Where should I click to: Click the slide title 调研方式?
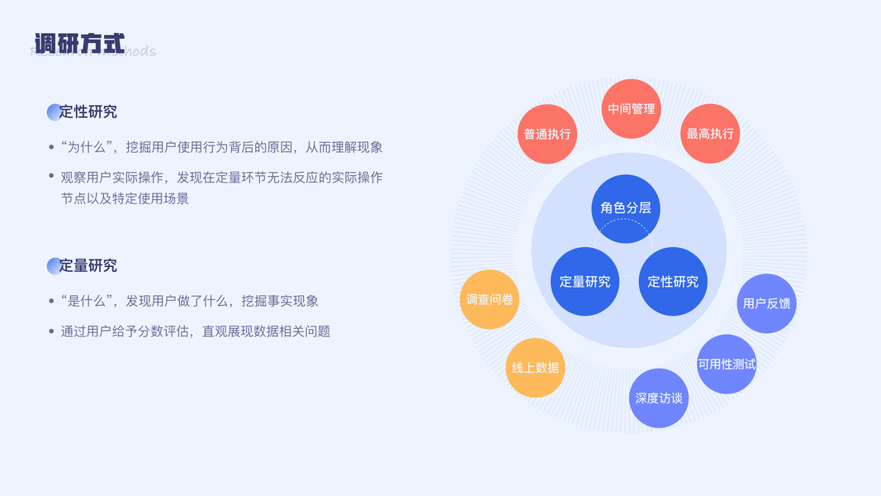(x=79, y=43)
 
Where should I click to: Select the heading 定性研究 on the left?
(x=88, y=112)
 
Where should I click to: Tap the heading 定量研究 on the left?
(x=88, y=265)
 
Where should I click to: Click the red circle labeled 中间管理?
(x=631, y=108)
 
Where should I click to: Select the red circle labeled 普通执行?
(x=547, y=134)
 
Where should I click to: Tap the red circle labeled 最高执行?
(x=710, y=134)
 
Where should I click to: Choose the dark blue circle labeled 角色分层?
(x=626, y=208)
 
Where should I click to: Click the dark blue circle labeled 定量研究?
(x=585, y=282)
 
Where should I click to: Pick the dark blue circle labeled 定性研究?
(x=673, y=282)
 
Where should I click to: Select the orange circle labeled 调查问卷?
(x=490, y=299)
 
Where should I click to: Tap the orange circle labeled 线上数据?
(x=535, y=368)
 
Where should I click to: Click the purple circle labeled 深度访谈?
(x=659, y=398)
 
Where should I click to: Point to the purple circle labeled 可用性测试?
(x=727, y=365)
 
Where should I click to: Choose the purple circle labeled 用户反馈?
(x=766, y=303)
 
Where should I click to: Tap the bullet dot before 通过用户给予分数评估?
(x=52, y=331)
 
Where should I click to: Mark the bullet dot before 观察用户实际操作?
(x=52, y=178)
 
